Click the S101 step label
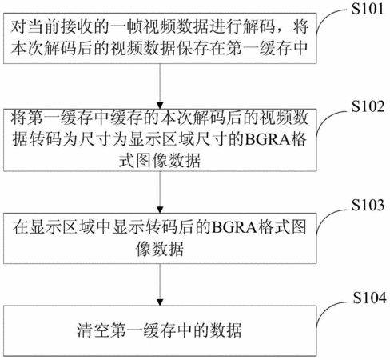[x=368, y=9]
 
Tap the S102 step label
[x=368, y=106]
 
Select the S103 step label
[x=368, y=205]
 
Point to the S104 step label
[x=370, y=298]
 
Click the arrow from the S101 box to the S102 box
[x=160, y=86]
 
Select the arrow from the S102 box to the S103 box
[x=160, y=192]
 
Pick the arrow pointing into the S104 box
[x=160, y=285]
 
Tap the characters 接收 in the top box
[x=77, y=27]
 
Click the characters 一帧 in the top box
[x=127, y=27]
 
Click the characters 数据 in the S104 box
[x=226, y=330]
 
